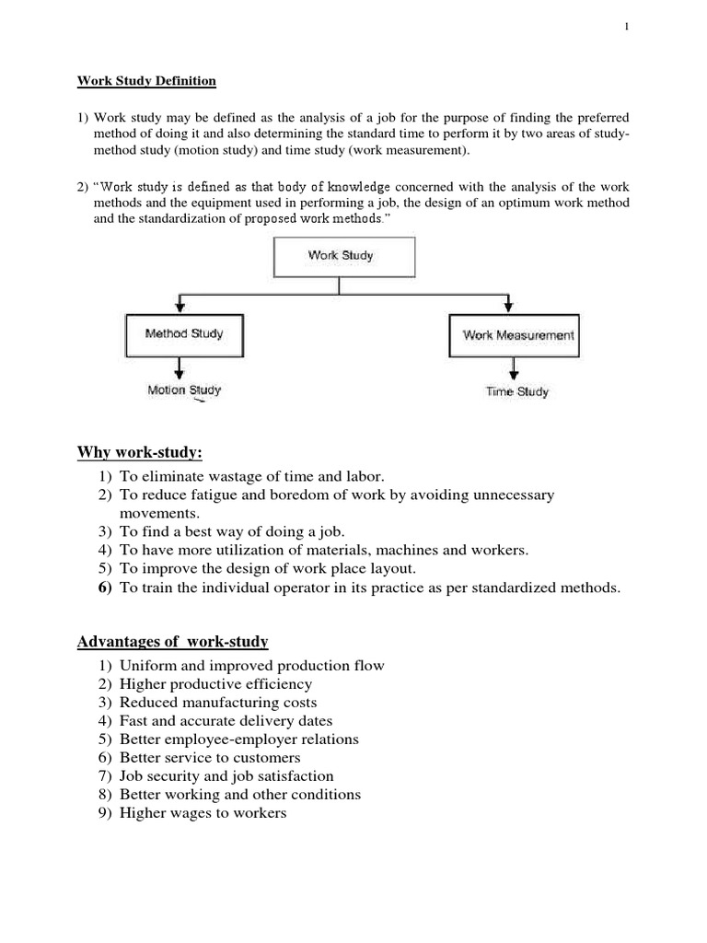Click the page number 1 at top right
(x=625, y=28)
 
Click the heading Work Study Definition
(x=145, y=81)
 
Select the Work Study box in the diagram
(x=341, y=256)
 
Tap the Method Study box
(x=184, y=334)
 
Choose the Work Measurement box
(x=518, y=335)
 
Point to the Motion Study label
(x=184, y=390)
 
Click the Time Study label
(x=516, y=391)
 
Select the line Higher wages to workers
(x=203, y=813)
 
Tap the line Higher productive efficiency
(x=215, y=684)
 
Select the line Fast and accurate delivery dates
(x=226, y=721)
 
